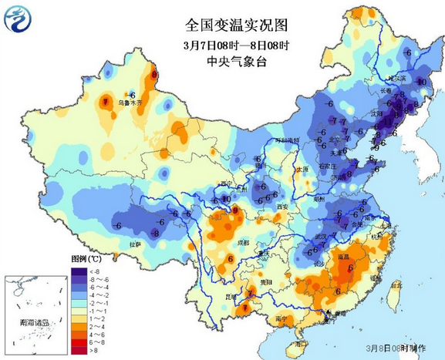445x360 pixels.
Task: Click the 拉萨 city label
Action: click(x=135, y=244)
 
